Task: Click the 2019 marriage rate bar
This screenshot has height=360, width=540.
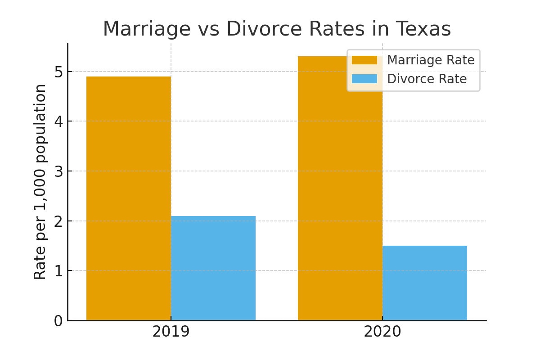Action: coord(128,198)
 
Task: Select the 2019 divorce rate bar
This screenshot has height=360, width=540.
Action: coord(213,268)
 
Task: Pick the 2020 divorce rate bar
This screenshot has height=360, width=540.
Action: coord(425,283)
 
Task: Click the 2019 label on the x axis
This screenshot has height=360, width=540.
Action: coord(171,332)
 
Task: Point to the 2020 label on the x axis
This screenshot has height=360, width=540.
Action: coord(382,332)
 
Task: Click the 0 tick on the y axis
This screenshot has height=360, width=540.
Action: coord(58,321)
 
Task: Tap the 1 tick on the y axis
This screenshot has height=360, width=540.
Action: coord(58,271)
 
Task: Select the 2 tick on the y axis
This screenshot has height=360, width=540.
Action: coord(58,221)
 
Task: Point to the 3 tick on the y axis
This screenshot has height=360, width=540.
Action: coord(58,171)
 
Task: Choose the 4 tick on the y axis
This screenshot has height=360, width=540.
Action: coord(58,121)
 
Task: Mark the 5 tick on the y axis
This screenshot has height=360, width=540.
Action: coord(58,72)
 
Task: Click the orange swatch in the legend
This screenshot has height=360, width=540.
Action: coord(364,60)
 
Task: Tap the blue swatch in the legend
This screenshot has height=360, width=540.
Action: coord(364,79)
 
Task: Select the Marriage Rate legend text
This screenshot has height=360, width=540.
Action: coord(431,60)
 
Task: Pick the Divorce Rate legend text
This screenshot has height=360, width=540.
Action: coord(427,79)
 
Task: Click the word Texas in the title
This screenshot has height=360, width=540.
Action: coord(423,29)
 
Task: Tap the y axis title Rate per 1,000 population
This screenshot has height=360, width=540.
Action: coord(40,181)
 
